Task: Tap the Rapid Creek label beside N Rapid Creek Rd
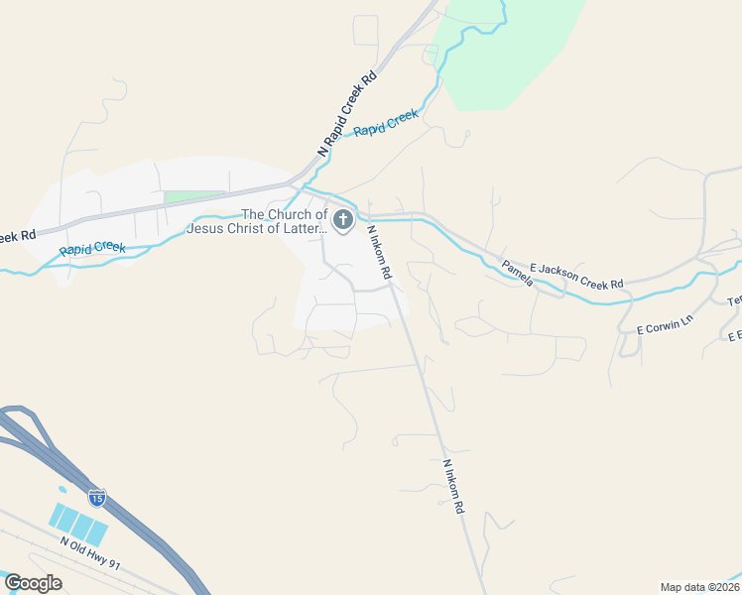pyautogui.click(x=387, y=124)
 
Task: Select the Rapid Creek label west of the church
pyautogui.click(x=92, y=243)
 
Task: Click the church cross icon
pyautogui.click(x=343, y=219)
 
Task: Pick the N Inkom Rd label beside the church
pyautogui.click(x=381, y=251)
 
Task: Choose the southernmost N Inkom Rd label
pyautogui.click(x=452, y=486)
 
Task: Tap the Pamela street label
pyautogui.click(x=517, y=274)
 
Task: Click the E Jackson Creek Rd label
pyautogui.click(x=576, y=276)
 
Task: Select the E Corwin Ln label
pyautogui.click(x=661, y=327)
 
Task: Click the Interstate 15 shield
pyautogui.click(x=97, y=497)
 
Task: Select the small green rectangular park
pyautogui.click(x=194, y=196)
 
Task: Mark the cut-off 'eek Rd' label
pyautogui.click(x=17, y=236)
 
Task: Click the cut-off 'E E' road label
pyautogui.click(x=734, y=336)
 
